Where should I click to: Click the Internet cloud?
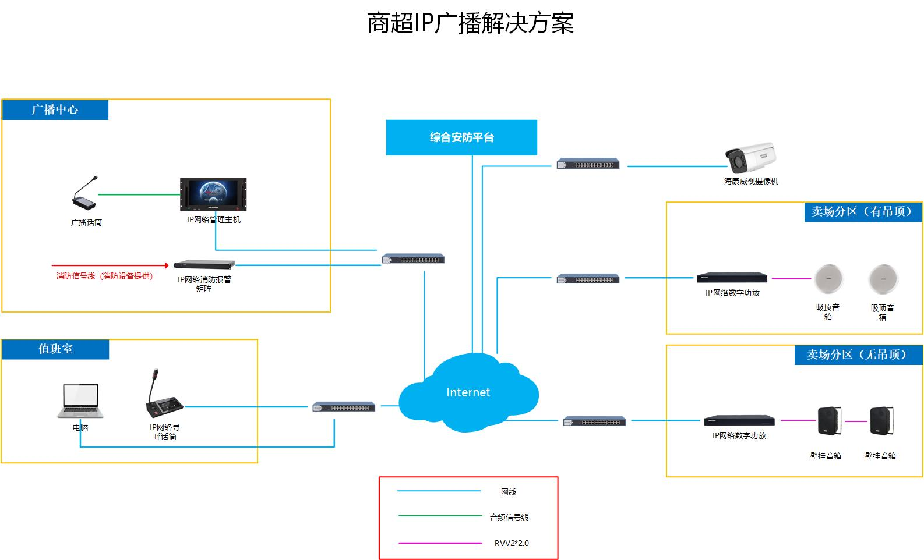click(x=468, y=393)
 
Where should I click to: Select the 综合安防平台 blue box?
click(x=461, y=137)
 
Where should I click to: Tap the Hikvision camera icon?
click(x=750, y=158)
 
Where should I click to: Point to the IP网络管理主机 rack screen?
click(x=213, y=194)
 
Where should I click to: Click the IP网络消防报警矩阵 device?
click(x=204, y=264)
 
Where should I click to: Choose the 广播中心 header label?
click(x=55, y=109)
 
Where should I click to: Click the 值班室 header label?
click(x=55, y=349)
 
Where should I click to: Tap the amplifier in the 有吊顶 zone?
click(x=732, y=278)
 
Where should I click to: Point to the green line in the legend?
click(x=440, y=516)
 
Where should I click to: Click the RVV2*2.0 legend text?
click(x=512, y=543)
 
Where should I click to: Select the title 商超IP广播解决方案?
click(x=470, y=23)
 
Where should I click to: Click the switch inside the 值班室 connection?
click(x=344, y=407)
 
